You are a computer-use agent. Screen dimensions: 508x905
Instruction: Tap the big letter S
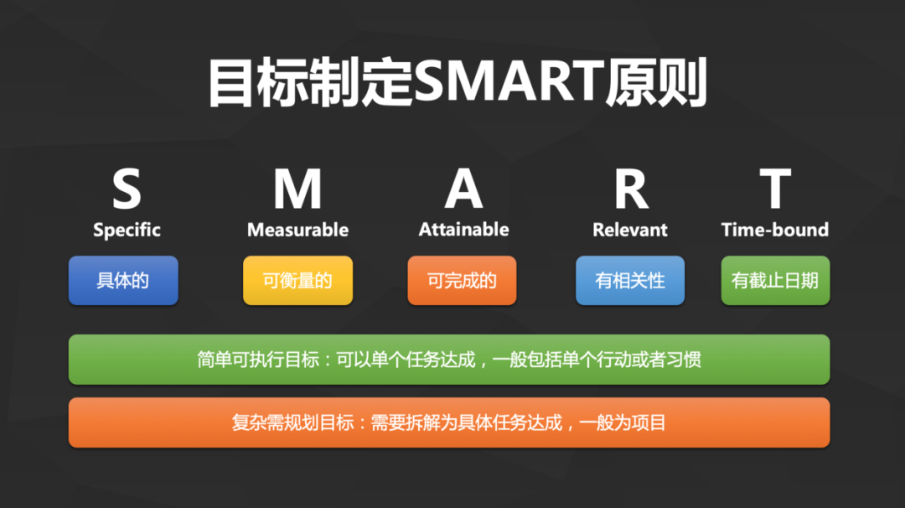[x=127, y=189]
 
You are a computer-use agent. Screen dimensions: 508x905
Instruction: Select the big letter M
[x=297, y=189]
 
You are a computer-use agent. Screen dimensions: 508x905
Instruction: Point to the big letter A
[x=463, y=189]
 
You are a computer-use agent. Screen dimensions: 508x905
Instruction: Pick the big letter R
[x=630, y=189]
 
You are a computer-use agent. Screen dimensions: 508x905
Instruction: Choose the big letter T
[x=775, y=189]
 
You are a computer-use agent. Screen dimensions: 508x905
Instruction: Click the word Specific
[x=127, y=230]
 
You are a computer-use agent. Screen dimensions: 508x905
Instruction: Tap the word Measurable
[x=297, y=230]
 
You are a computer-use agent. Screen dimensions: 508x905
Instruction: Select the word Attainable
[x=463, y=230]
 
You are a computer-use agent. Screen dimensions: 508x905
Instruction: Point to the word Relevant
[x=630, y=230]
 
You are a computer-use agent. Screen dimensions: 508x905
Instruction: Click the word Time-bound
[x=775, y=230]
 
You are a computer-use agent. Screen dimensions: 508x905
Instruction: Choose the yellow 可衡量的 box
[x=297, y=281]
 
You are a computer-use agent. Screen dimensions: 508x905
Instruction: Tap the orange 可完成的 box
[x=462, y=281]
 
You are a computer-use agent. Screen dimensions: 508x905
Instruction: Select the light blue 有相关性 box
[x=630, y=281]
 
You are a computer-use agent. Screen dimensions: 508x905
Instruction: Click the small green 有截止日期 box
[x=775, y=281]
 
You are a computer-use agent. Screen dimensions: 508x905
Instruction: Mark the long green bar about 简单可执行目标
[x=449, y=360]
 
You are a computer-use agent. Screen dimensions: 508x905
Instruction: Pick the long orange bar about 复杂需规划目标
[x=449, y=422]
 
